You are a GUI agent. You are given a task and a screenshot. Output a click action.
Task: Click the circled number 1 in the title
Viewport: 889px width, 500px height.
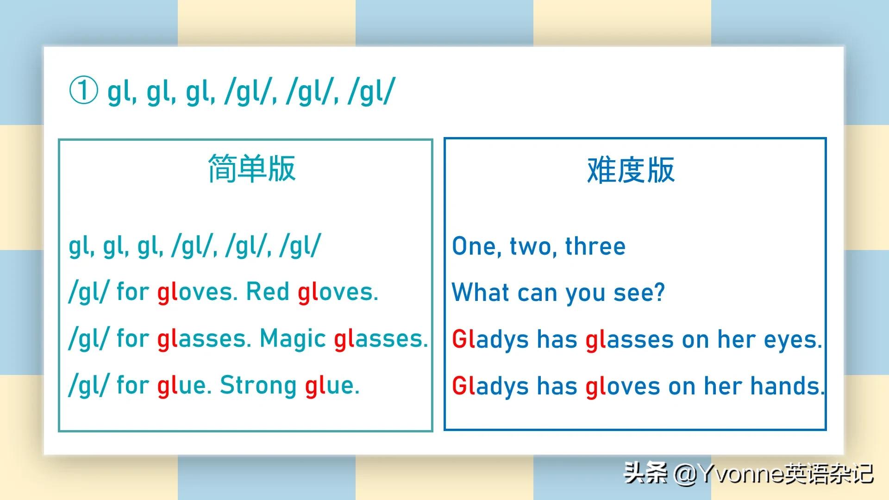pos(83,90)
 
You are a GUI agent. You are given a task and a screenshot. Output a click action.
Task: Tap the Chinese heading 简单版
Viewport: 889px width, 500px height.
pos(251,169)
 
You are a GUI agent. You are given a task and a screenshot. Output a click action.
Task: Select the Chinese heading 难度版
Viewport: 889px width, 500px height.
pos(631,170)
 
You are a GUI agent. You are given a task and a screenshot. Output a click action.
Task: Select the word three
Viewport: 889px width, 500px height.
pos(595,246)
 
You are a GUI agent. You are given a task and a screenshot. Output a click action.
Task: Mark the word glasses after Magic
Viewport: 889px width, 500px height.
pos(381,339)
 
